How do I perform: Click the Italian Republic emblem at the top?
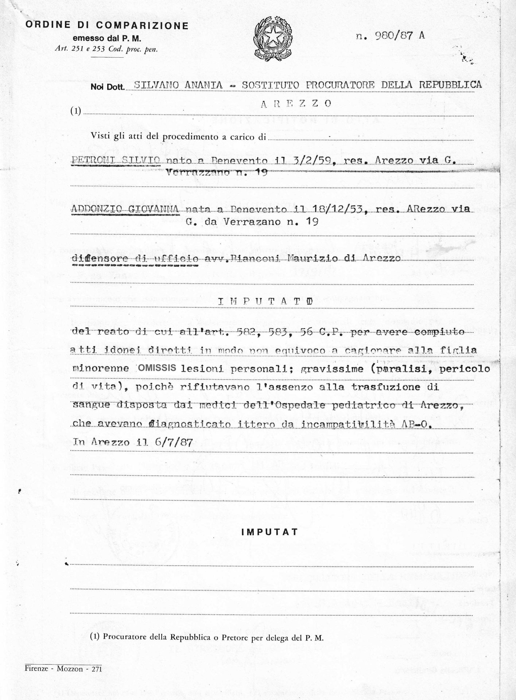coord(272,39)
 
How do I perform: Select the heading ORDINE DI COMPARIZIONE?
coord(107,26)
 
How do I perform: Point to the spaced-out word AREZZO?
coord(296,103)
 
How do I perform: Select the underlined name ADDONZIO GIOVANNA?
coord(125,209)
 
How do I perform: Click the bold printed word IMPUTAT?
coord(270,532)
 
